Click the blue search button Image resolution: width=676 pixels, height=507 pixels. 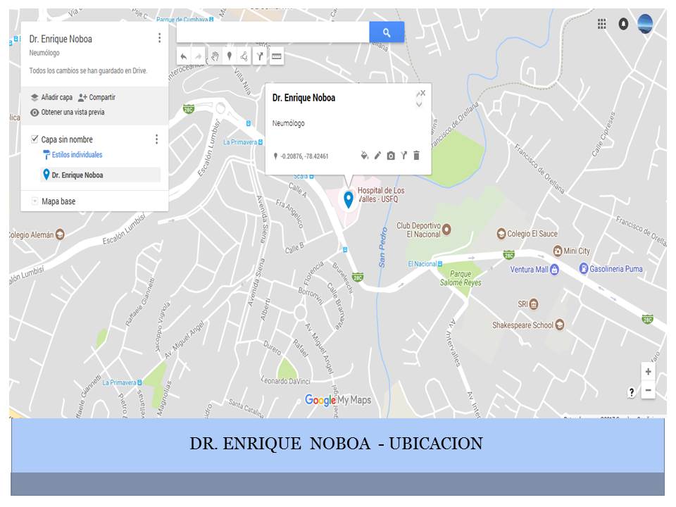pos(387,32)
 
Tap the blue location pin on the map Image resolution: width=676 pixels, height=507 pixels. pos(348,199)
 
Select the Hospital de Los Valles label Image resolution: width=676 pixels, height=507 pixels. pos(380,195)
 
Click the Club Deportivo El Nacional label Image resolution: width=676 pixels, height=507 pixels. pos(418,230)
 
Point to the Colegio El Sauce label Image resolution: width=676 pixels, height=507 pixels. pos(532,234)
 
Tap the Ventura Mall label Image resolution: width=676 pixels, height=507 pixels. pos(529,269)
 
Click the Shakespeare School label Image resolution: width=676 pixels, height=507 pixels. pos(522,325)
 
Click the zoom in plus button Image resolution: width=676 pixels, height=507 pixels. pos(648,372)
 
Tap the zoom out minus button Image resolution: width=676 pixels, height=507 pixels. pos(648,391)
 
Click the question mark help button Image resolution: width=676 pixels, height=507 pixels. pos(631,392)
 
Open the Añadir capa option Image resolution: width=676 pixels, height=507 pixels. pos(51,97)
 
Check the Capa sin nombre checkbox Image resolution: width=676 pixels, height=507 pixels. pos(35,139)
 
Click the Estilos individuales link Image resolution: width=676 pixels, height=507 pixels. pos(77,155)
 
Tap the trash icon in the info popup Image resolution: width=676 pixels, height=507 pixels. pos(416,156)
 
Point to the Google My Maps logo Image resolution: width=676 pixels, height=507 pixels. pos(337,400)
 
